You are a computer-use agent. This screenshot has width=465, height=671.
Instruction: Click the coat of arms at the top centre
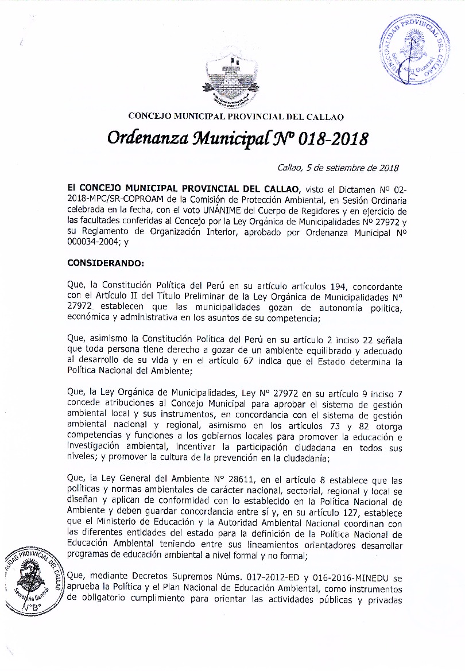click(232, 79)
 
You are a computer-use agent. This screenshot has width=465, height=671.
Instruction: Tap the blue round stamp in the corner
click(413, 53)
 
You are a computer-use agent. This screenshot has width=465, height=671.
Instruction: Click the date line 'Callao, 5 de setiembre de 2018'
click(338, 168)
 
